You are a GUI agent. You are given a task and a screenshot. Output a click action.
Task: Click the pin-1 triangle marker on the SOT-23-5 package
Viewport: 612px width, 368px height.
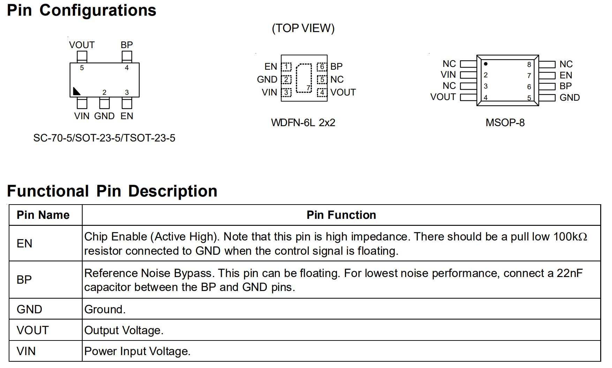[76, 92]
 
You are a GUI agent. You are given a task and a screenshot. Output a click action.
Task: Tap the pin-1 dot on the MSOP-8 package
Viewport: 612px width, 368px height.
[485, 64]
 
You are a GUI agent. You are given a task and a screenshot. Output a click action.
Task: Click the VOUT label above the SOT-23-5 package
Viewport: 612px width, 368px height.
[82, 45]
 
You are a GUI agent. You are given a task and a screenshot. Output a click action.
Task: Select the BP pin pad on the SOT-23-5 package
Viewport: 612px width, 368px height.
[127, 56]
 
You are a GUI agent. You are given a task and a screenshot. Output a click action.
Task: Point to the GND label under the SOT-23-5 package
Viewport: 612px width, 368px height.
[104, 116]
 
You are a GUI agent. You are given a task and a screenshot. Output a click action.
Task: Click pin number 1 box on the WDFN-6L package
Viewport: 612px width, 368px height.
[286, 67]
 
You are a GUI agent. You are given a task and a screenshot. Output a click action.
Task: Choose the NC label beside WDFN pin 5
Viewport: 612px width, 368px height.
[337, 79]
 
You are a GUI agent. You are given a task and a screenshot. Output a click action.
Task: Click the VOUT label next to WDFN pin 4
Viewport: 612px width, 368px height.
[343, 92]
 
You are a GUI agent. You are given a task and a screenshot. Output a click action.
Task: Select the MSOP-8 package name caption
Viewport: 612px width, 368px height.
[505, 123]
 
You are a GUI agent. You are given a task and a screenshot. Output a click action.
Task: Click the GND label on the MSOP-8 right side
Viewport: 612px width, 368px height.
[569, 98]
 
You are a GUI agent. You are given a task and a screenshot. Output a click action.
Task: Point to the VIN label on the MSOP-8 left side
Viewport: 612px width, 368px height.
[448, 75]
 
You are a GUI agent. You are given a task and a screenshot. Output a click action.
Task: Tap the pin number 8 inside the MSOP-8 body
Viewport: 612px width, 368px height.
[529, 64]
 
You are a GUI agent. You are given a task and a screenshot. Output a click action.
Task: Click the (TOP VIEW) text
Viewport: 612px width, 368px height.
[303, 28]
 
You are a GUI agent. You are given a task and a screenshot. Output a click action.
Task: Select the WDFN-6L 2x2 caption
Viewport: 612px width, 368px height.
[303, 123]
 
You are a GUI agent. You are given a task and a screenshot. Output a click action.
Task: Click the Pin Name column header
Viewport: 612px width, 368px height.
[43, 215]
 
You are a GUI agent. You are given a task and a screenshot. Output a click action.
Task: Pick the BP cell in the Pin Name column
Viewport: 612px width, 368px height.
[24, 279]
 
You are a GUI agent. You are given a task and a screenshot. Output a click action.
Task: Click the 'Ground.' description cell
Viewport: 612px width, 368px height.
[105, 309]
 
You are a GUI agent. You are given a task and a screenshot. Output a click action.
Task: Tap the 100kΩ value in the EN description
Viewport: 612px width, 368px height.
[570, 237]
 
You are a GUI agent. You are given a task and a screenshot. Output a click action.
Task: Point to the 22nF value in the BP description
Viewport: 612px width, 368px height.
[569, 273]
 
